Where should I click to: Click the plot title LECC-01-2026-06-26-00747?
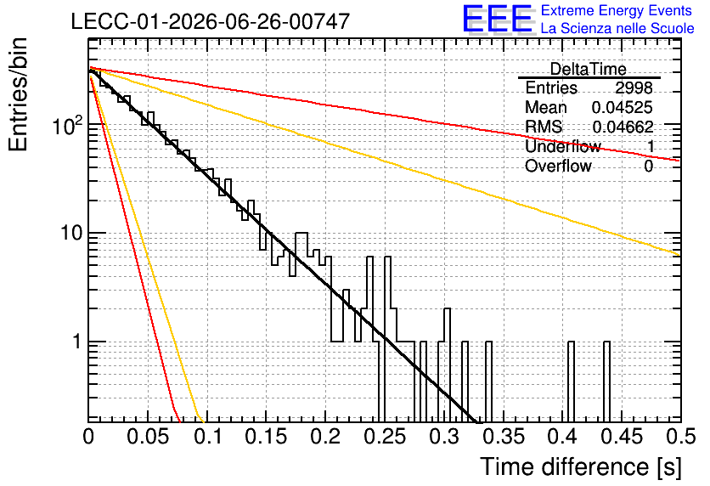(x=211, y=21)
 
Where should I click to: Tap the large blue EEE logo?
(x=497, y=19)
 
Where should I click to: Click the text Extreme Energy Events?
(x=617, y=10)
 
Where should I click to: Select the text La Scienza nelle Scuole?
(x=617, y=28)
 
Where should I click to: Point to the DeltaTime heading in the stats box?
(x=589, y=69)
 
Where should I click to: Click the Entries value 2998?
(x=634, y=88)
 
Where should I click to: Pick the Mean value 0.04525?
(x=623, y=107)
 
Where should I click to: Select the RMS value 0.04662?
(x=623, y=127)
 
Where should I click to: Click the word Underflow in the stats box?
(x=563, y=146)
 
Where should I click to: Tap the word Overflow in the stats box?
(x=558, y=167)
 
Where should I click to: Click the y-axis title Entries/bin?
(x=18, y=94)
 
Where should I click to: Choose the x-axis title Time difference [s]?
(x=581, y=466)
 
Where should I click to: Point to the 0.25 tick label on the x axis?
(x=385, y=437)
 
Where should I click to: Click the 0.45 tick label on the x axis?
(x=623, y=437)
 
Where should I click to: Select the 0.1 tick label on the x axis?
(x=208, y=437)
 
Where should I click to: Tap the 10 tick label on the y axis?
(x=71, y=234)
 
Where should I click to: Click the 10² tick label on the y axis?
(x=68, y=125)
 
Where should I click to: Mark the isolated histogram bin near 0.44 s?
(x=606, y=381)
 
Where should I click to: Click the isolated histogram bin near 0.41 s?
(x=571, y=381)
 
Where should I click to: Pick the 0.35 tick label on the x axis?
(x=504, y=437)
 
